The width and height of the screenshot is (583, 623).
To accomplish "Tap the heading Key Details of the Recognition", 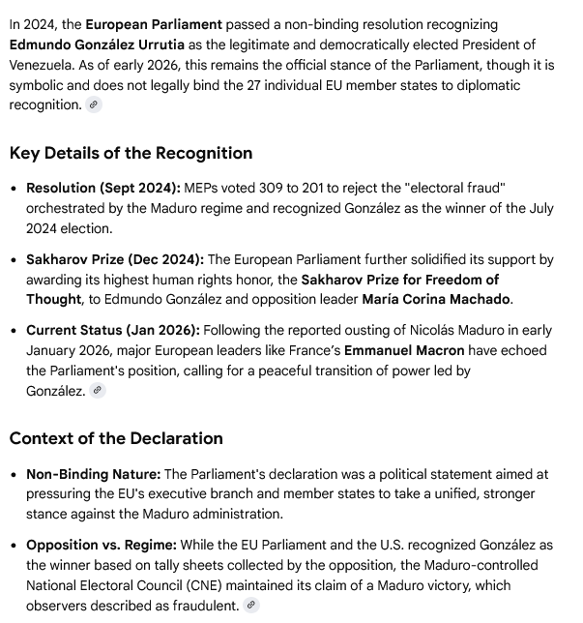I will coord(131,153).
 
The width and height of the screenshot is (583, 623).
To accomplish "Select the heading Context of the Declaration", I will coord(116,438).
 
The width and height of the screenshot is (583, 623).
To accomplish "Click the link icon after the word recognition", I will coord(94,105).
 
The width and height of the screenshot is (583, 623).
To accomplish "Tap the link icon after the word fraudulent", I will coord(251,606).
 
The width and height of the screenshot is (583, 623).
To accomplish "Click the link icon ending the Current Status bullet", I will coord(97,391).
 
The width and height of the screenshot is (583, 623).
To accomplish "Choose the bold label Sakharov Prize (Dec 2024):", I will coord(115,259).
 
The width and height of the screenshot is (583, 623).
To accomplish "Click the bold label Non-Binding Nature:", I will coord(93,474).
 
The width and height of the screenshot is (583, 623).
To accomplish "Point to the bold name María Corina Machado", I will coord(436,299).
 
